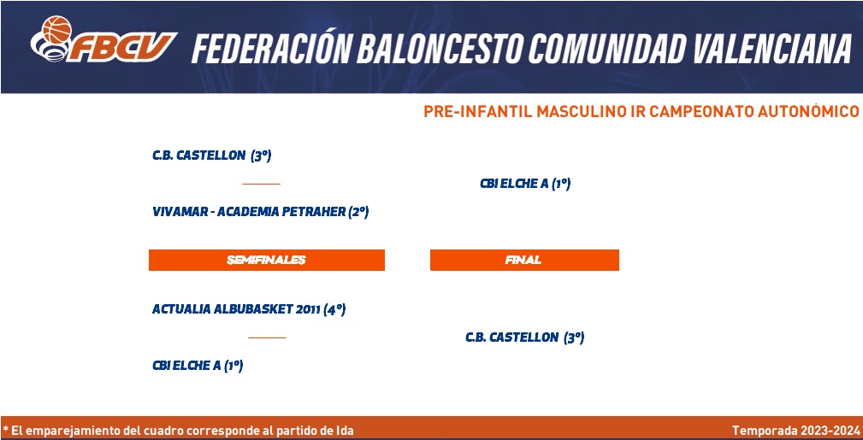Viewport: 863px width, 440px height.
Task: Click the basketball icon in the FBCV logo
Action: point(56,29)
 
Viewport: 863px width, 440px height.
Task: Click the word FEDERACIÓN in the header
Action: point(270,50)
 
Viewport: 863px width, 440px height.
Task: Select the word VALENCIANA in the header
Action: point(772,50)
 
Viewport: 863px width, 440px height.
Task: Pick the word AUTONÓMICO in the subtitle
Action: point(808,112)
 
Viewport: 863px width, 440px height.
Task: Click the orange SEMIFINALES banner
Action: point(266,260)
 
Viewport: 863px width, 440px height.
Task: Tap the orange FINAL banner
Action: point(524,260)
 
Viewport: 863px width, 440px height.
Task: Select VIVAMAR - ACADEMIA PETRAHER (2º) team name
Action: point(260,212)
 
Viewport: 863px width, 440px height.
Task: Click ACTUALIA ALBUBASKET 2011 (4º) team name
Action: point(249,309)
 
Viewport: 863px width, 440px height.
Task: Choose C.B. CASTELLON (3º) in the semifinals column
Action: point(212,155)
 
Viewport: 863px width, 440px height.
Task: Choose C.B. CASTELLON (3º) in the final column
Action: point(524,337)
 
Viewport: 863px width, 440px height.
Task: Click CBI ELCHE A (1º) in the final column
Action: point(525,185)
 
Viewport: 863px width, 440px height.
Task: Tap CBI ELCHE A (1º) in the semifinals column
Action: point(198,366)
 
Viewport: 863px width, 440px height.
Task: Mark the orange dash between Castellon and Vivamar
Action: point(261,184)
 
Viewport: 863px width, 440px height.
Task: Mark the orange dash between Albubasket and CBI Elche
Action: point(267,337)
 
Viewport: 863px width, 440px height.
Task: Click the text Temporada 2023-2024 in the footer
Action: point(795,430)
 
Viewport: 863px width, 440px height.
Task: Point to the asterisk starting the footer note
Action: point(5,429)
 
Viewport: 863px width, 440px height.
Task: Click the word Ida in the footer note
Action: point(344,430)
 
